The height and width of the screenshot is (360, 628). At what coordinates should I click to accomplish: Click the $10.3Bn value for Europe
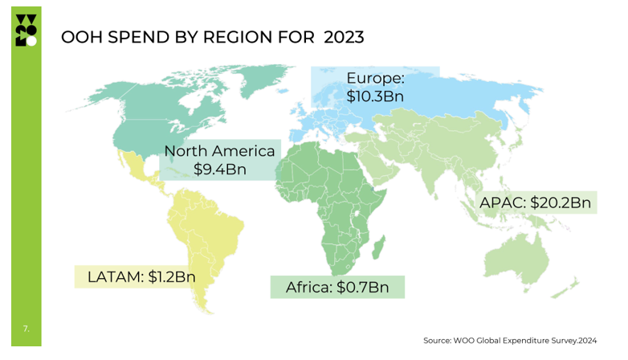pos(375,96)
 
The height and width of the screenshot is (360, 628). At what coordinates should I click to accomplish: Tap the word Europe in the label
pos(375,78)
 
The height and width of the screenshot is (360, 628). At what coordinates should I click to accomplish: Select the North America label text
pos(219,151)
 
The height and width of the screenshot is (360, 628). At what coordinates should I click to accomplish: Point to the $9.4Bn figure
pos(219,170)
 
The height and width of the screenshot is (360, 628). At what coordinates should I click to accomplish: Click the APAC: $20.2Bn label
pos(535,202)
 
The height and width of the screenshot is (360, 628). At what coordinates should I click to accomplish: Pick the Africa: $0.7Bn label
pos(337,287)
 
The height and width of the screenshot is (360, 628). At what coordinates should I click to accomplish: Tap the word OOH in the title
pos(80,37)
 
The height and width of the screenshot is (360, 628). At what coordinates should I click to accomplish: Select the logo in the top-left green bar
pos(26,30)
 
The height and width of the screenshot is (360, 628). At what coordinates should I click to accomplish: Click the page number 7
pos(26,328)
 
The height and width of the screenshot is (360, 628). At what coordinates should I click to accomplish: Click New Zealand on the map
pos(572,288)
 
